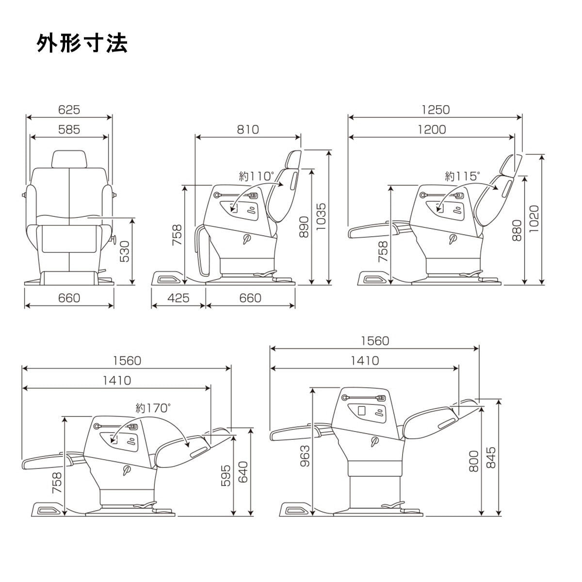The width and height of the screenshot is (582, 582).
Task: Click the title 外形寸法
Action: [82, 44]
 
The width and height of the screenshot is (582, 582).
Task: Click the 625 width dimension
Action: [69, 110]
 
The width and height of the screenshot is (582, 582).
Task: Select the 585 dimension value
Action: [69, 129]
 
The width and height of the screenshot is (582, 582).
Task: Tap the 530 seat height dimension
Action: [124, 251]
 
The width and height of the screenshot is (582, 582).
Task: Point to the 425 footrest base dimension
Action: [178, 298]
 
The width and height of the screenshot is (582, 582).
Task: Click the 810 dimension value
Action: [248, 129]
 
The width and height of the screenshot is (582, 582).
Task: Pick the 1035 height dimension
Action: [321, 216]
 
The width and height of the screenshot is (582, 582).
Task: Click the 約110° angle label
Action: [257, 176]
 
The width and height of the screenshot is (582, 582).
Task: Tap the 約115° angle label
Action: [462, 176]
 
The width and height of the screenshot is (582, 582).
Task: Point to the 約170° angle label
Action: [153, 408]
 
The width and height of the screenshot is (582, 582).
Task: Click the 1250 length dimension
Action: [436, 110]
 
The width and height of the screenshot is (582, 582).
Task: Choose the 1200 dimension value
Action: [432, 129]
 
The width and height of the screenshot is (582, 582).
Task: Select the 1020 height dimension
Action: [534, 219]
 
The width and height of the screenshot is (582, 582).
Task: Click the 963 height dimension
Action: [306, 456]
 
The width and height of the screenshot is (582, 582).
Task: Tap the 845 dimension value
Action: [491, 457]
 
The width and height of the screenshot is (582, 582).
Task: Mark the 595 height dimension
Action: [226, 476]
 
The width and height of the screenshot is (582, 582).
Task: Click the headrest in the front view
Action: [70, 160]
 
